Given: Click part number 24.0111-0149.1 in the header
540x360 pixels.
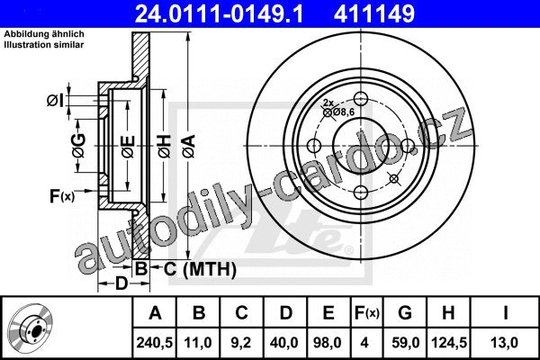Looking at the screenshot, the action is click(x=219, y=13).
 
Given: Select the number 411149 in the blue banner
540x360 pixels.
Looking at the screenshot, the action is click(x=374, y=13).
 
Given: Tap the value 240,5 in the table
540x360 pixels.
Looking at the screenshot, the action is click(x=155, y=343).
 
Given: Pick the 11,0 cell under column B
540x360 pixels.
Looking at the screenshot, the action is click(x=198, y=343).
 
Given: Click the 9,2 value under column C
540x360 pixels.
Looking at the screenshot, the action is click(x=241, y=343).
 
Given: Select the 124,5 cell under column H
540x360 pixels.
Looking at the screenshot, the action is click(x=449, y=343).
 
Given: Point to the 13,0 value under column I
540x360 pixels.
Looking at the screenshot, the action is click(x=505, y=343).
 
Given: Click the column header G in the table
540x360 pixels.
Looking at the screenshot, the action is click(x=405, y=313).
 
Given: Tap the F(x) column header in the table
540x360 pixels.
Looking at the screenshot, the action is click(x=366, y=313).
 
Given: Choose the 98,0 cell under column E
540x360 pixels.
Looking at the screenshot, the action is click(x=328, y=343).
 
